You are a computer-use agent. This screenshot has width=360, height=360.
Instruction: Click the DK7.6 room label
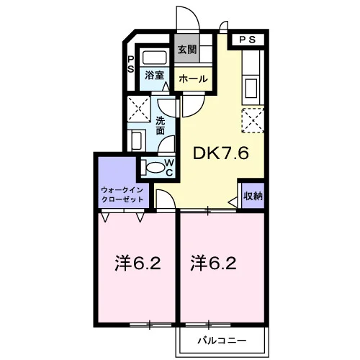click(x=220, y=153)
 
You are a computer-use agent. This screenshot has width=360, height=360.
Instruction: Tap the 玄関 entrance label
click(x=187, y=50)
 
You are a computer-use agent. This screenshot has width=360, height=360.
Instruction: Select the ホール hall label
click(x=193, y=78)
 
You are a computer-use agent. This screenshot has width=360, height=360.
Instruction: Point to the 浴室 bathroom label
click(x=154, y=76)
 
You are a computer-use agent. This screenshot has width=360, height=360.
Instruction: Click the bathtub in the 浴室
click(x=155, y=58)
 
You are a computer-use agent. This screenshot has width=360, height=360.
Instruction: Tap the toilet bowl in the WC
click(x=155, y=167)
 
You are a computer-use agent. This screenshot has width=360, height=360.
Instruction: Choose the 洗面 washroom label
click(x=161, y=125)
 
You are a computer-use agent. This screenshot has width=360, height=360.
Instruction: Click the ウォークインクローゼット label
click(x=122, y=194)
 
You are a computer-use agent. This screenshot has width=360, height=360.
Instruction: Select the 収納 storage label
click(x=253, y=196)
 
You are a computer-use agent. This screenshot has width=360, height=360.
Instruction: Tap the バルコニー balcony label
click(x=222, y=341)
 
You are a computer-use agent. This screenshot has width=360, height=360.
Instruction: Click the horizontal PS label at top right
click(x=248, y=40)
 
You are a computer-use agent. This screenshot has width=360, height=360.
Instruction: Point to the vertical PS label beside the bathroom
click(x=130, y=64)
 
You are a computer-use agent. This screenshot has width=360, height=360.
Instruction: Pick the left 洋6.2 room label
click(x=138, y=264)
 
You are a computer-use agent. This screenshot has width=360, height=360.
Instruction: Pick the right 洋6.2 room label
click(x=213, y=264)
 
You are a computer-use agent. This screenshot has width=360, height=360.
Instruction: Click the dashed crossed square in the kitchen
click(x=253, y=120)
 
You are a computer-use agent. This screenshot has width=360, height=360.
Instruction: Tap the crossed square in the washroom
click(x=139, y=109)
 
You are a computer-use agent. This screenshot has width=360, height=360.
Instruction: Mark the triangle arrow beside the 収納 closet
click(x=233, y=202)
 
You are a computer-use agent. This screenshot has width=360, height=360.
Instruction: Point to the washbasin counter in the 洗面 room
click(x=136, y=140)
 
